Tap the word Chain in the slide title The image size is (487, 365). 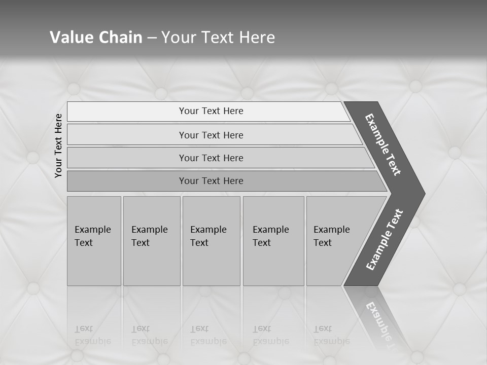pos(121,38)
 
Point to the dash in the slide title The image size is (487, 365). pos(152,38)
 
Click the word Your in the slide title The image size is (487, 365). pos(177,38)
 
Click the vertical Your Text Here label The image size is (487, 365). pos(58,146)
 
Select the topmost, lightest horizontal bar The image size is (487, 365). pos(208,111)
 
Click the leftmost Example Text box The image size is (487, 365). pos(94,241)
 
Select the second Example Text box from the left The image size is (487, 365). pos(151,241)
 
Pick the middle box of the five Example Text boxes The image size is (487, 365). pos(211,241)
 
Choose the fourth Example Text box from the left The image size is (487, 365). pos(273,241)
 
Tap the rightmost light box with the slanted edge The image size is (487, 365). pos(335,241)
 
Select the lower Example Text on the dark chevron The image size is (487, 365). pos(385,239)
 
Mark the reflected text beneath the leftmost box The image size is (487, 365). pos(93,335)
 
